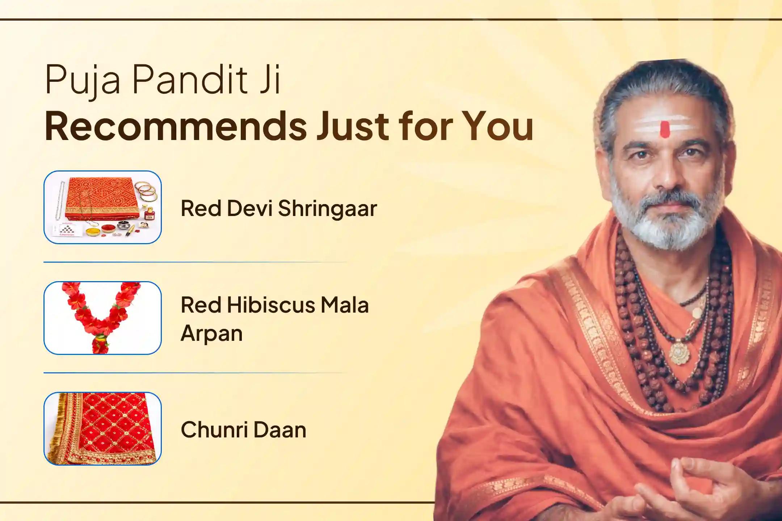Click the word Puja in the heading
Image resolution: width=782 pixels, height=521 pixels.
pyautogui.click(x=82, y=80)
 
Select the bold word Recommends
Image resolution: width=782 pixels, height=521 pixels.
pyautogui.click(x=176, y=127)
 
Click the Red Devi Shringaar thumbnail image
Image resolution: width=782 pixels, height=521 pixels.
pyautogui.click(x=102, y=207)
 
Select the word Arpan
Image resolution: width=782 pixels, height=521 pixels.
pyautogui.click(x=211, y=333)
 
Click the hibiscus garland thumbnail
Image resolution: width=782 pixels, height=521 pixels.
pyautogui.click(x=102, y=318)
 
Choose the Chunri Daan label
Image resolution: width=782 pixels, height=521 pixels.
pyautogui.click(x=243, y=430)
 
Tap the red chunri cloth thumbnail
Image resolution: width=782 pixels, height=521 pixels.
pyautogui.click(x=102, y=428)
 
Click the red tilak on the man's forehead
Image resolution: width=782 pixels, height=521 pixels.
pyautogui.click(x=664, y=130)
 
